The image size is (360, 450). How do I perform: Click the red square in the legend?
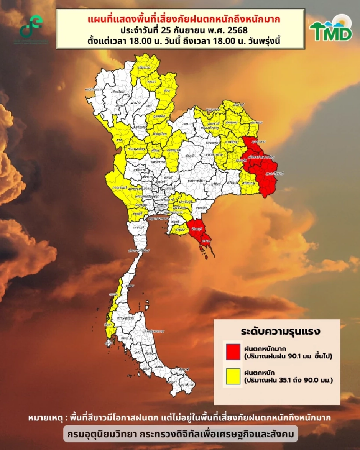point(233,351)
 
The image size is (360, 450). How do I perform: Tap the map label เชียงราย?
point(144,69)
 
